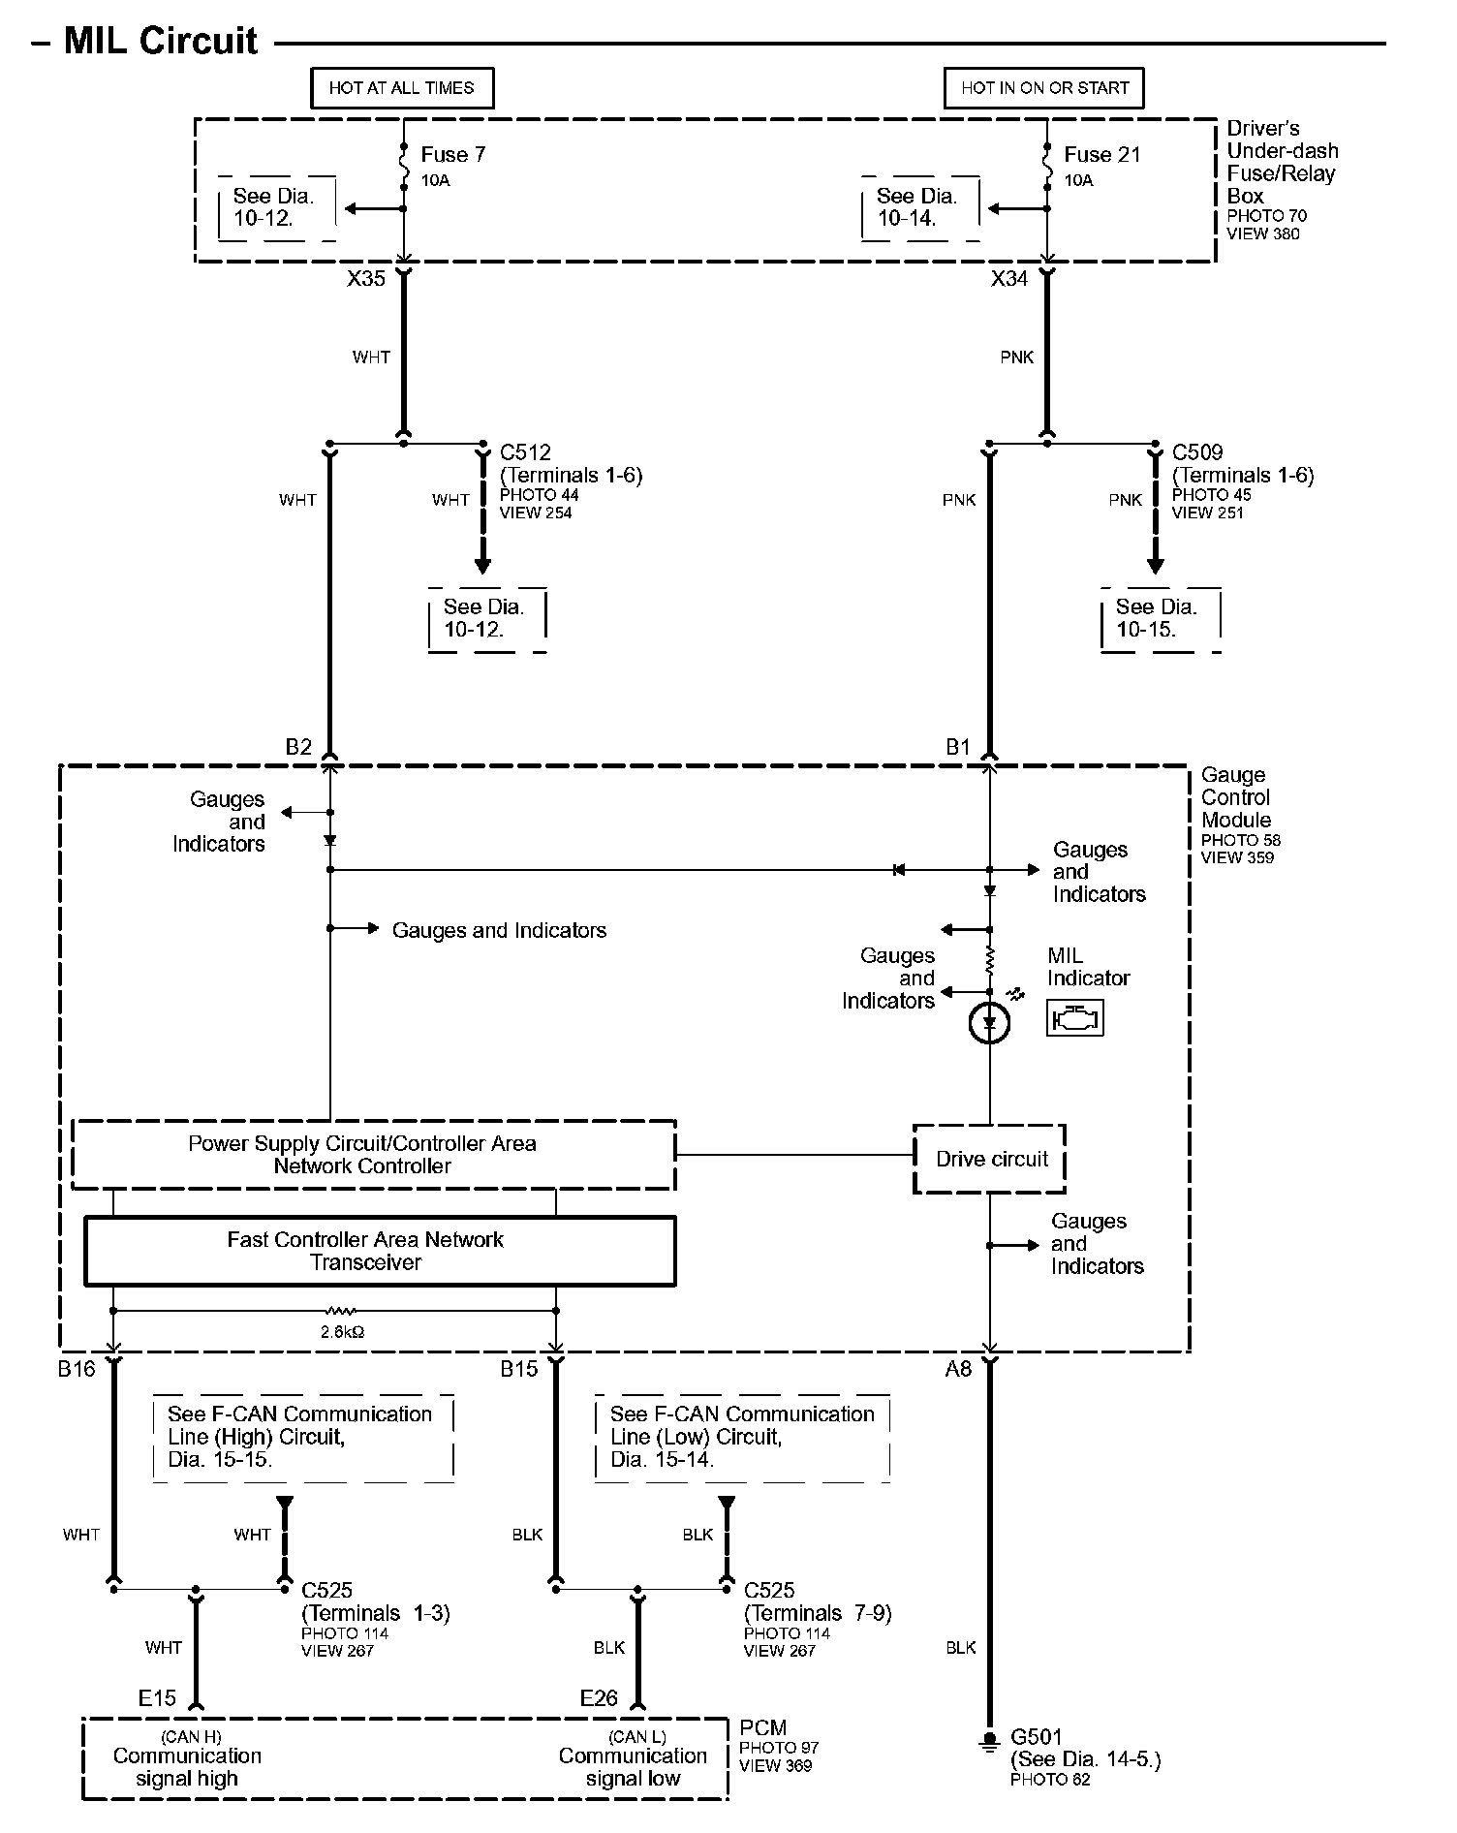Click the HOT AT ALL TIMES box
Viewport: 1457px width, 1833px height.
pyautogui.click(x=401, y=88)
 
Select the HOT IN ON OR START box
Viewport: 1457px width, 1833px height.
pyautogui.click(x=1044, y=88)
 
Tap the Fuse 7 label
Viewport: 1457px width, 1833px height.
pyautogui.click(x=452, y=155)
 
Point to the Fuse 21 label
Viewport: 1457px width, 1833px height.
pyautogui.click(x=1101, y=155)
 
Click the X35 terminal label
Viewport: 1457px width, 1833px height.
pyautogui.click(x=366, y=279)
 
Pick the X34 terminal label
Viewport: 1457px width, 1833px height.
pyautogui.click(x=1008, y=279)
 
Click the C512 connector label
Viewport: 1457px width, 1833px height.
pyautogui.click(x=525, y=452)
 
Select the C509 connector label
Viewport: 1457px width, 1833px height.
pyautogui.click(x=1197, y=452)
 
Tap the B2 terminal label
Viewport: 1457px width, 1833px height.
pyautogui.click(x=298, y=747)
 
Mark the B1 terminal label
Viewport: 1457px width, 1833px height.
pyautogui.click(x=957, y=747)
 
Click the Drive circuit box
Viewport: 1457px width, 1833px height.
pyautogui.click(x=990, y=1159)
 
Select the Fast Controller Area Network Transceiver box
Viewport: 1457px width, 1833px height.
pyautogui.click(x=380, y=1251)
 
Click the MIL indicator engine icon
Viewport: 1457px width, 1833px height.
pyautogui.click(x=1074, y=1018)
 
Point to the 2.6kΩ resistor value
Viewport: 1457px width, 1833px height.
pyautogui.click(x=343, y=1332)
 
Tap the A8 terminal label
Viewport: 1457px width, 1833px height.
pyautogui.click(x=958, y=1369)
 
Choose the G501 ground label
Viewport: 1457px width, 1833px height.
pyautogui.click(x=1036, y=1738)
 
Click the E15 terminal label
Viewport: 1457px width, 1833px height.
pyautogui.click(x=157, y=1698)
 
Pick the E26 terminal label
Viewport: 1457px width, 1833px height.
pyautogui.click(x=599, y=1698)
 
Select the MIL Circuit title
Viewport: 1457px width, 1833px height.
pyautogui.click(x=160, y=42)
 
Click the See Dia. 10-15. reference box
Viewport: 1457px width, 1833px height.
pyautogui.click(x=1160, y=619)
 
